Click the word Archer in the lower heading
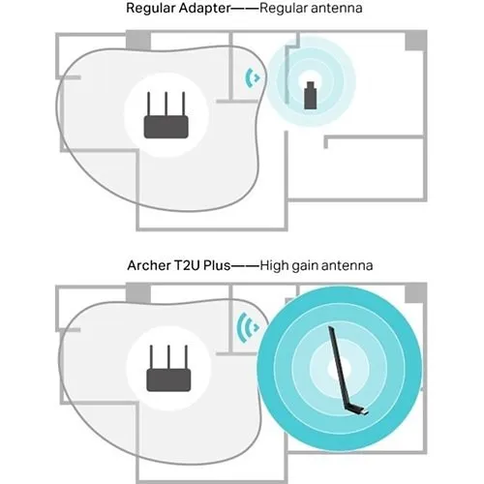(x=149, y=265)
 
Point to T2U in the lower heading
(x=188, y=265)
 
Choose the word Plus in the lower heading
(x=217, y=265)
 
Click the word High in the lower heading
(x=274, y=265)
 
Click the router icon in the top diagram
(x=166, y=115)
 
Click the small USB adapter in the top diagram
(x=310, y=96)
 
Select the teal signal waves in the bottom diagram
(x=248, y=327)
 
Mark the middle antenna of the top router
(x=166, y=104)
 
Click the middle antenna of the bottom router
(x=168, y=357)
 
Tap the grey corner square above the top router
(x=138, y=41)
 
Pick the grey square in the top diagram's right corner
(x=416, y=41)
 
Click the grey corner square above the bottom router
(x=138, y=293)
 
